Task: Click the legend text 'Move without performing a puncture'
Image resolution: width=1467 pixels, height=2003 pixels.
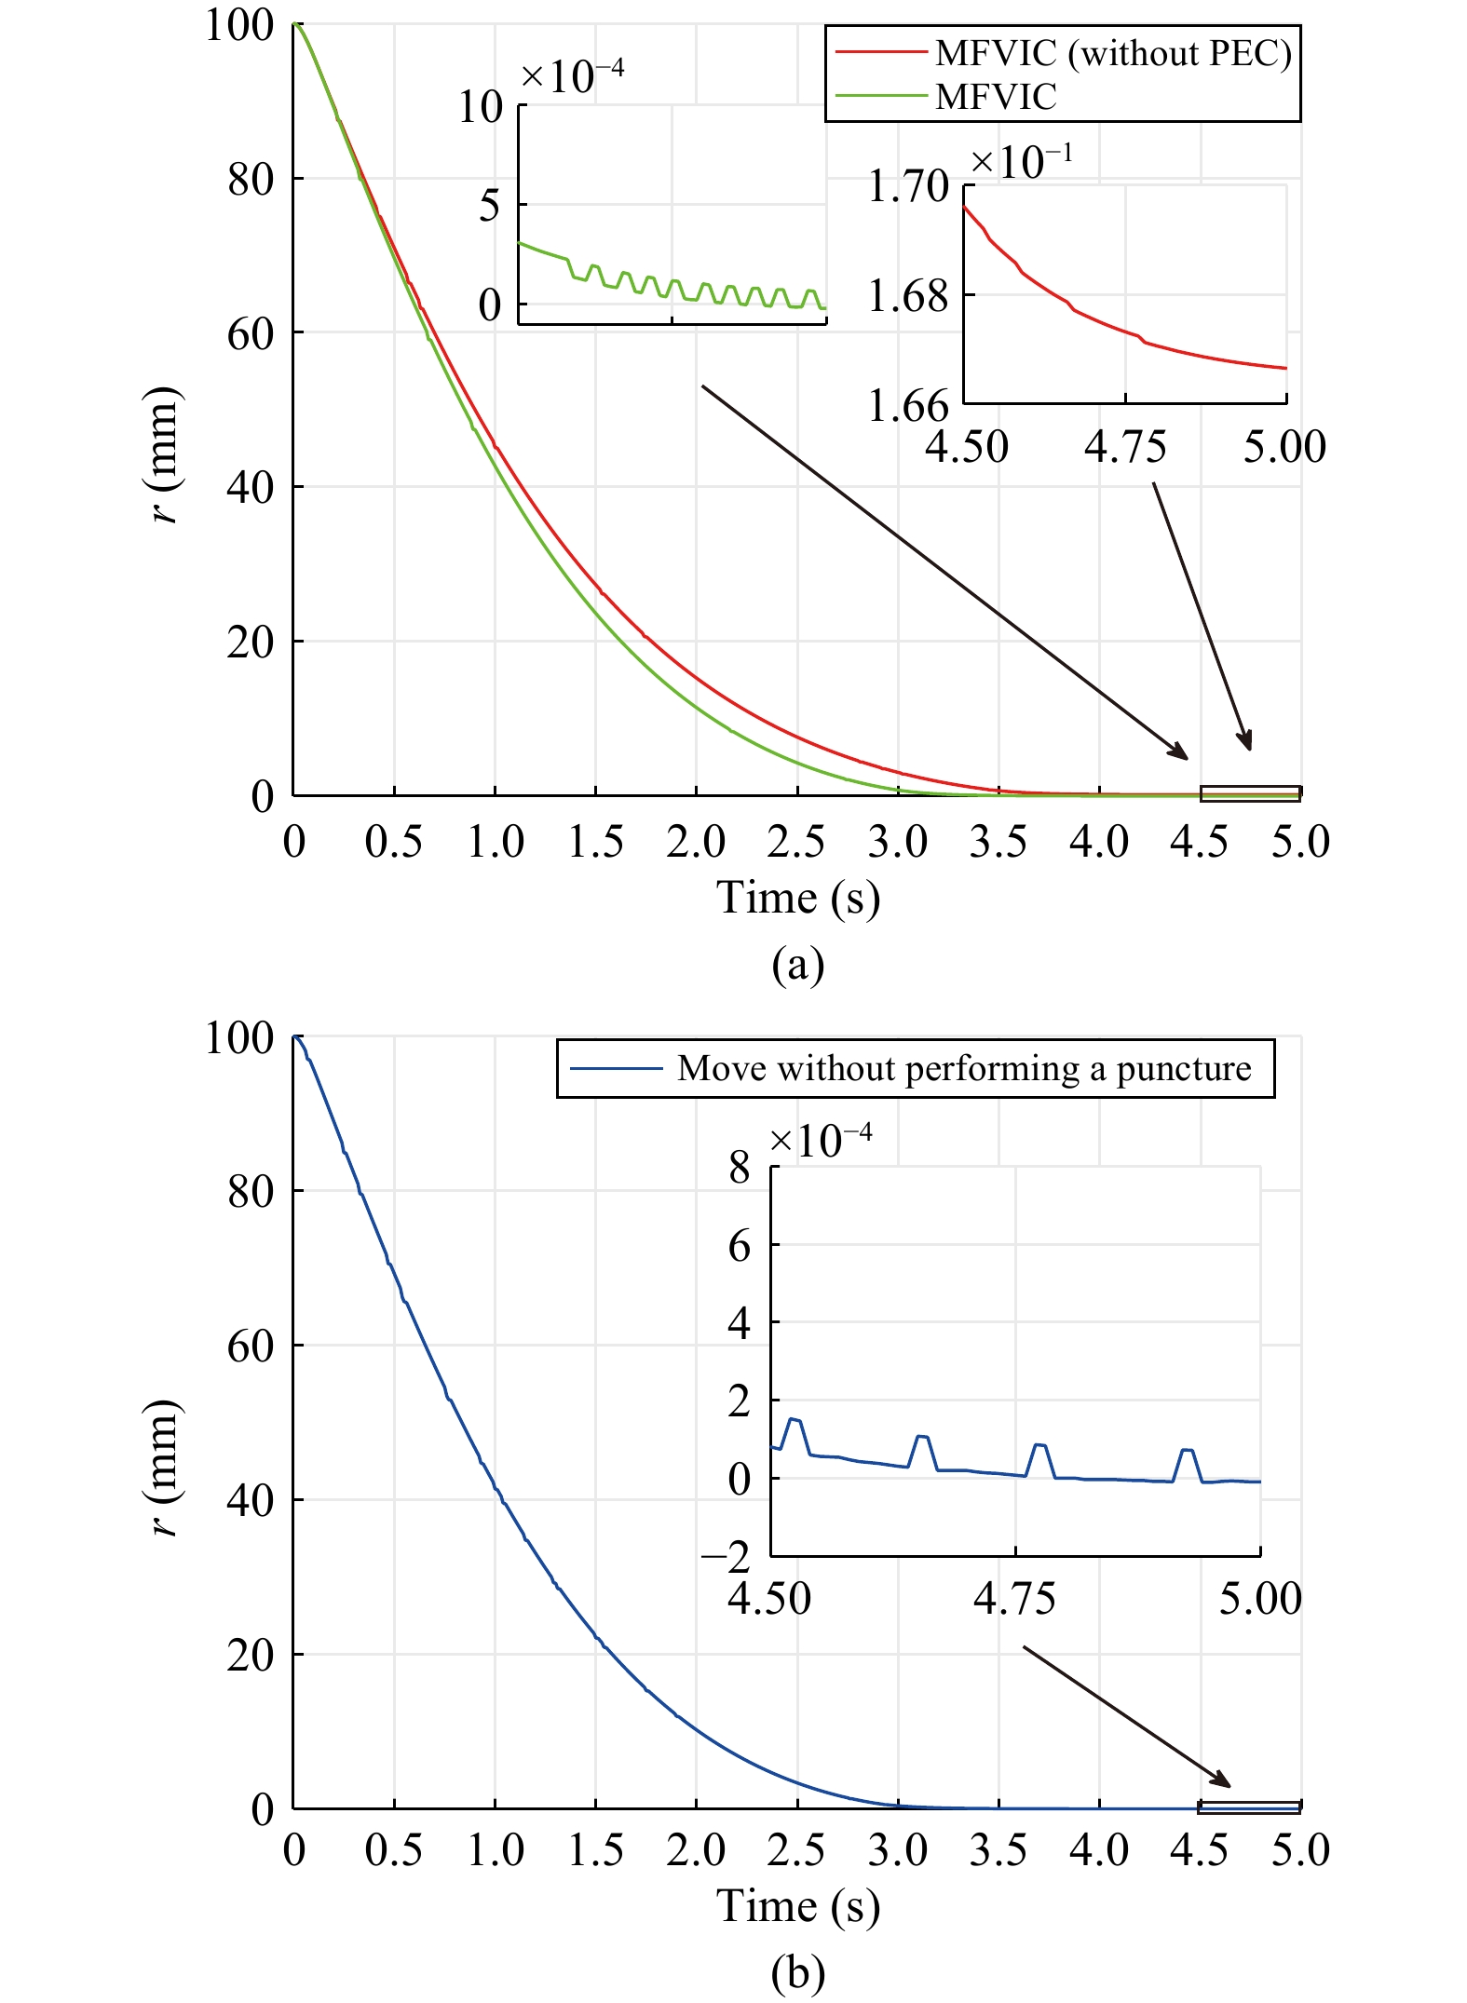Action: point(964,1068)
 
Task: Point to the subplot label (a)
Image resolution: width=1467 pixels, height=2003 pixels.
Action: point(797,965)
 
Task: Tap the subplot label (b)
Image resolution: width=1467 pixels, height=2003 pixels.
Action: point(797,1972)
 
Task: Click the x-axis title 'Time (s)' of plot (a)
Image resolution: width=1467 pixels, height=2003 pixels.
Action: point(797,899)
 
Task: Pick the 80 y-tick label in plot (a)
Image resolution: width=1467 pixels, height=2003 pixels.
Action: point(251,179)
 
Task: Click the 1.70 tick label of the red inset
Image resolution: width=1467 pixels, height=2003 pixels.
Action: point(907,186)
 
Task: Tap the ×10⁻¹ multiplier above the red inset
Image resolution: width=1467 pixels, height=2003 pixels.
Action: point(1021,162)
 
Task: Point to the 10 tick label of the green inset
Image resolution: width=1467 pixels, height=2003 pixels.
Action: point(480,107)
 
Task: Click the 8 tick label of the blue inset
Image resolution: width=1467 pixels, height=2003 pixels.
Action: point(739,1167)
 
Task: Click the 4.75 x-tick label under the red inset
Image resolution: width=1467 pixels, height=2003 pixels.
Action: point(1124,447)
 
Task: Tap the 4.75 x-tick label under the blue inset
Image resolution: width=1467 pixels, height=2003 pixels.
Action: point(1014,1599)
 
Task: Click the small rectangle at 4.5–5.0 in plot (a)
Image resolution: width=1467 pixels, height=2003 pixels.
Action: point(1249,793)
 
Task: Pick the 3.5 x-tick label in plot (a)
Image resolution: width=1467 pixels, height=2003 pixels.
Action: point(998,842)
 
